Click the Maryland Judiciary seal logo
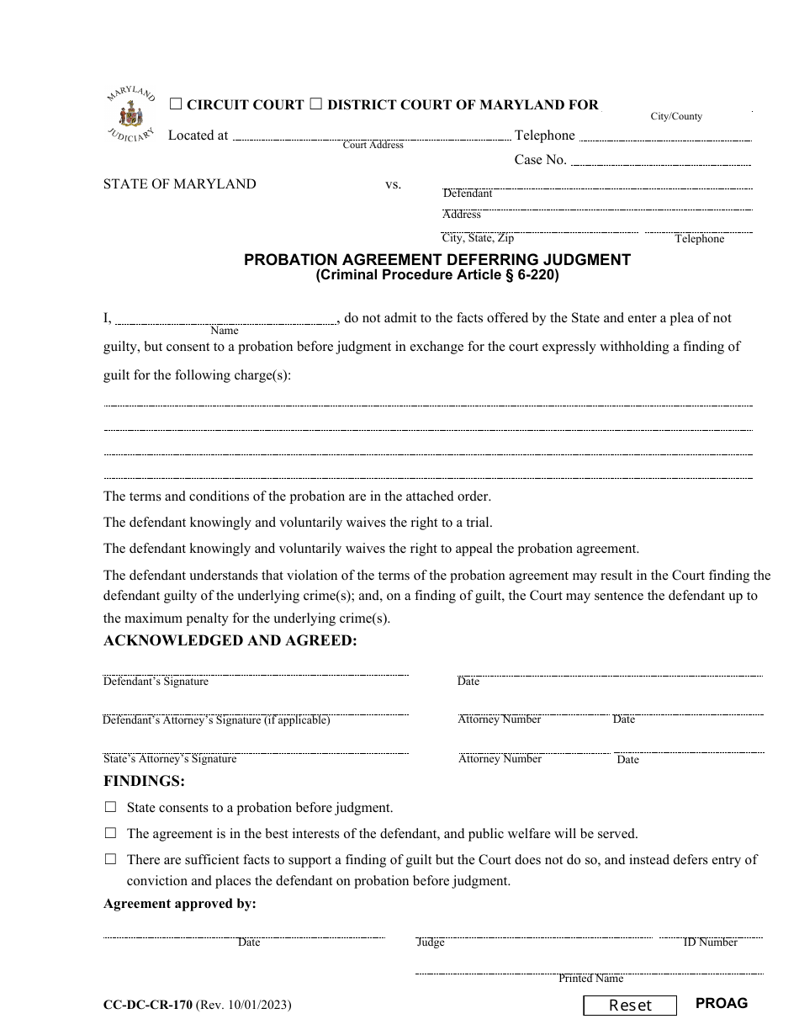[x=130, y=114]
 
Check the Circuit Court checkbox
[x=176, y=104]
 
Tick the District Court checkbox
[x=316, y=104]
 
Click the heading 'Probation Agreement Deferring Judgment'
[x=437, y=260]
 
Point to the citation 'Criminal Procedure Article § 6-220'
[x=437, y=274]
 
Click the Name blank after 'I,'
[x=225, y=318]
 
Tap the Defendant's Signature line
[x=256, y=671]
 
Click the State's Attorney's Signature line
[x=256, y=749]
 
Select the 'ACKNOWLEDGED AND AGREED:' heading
[x=230, y=641]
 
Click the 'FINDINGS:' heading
[x=144, y=781]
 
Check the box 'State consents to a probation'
[x=110, y=807]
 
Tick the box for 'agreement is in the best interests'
[x=110, y=833]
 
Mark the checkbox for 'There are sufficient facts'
[x=110, y=859]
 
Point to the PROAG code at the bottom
[x=721, y=1003]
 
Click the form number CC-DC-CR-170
[x=148, y=1005]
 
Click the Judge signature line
[x=534, y=933]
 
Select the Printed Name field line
[x=590, y=970]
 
